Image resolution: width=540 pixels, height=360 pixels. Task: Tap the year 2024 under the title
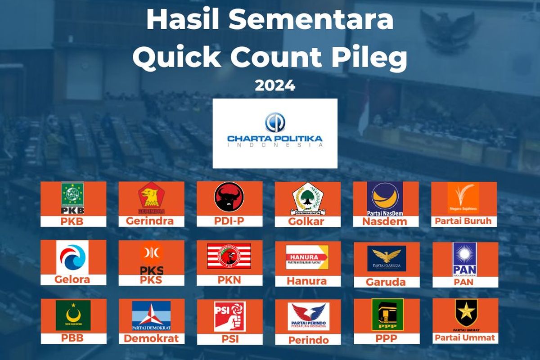coord(275,85)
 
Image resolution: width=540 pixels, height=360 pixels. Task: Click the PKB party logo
coord(72,198)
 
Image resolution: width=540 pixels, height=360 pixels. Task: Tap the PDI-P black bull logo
coord(229,197)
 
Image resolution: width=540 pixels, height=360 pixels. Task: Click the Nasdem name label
coord(385,221)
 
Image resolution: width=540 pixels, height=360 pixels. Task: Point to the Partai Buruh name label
coord(464,221)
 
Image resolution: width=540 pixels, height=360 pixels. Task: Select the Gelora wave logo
coord(72,257)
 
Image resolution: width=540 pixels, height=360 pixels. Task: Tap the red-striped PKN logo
coord(229,256)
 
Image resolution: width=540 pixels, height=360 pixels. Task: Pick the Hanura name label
coord(307,281)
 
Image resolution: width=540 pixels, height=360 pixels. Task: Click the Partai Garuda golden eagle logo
coord(387,258)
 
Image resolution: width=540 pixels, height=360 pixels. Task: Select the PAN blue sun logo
coord(464,259)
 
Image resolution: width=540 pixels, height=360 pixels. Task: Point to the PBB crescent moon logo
coord(73,315)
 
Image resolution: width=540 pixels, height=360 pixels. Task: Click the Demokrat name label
coord(152,338)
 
